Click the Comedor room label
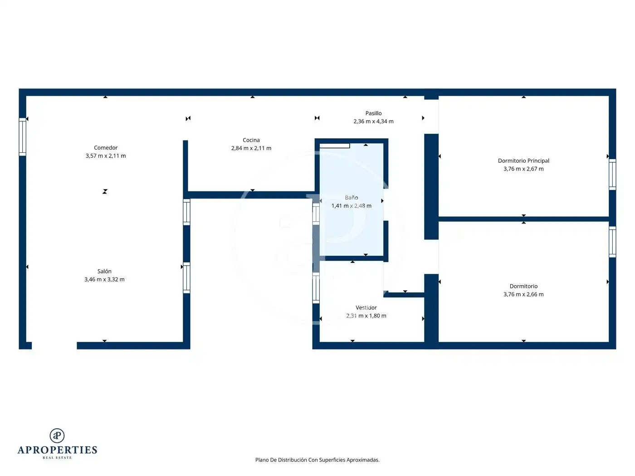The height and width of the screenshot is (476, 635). [x=106, y=148]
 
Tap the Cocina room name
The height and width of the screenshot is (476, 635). [x=251, y=140]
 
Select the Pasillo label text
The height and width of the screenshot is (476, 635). [x=373, y=113]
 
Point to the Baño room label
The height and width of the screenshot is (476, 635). [x=351, y=198]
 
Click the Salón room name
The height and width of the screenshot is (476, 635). [x=104, y=272]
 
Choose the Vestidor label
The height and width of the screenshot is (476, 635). [x=366, y=308]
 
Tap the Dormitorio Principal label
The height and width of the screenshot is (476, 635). [x=523, y=161]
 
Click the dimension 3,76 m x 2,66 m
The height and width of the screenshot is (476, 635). [x=523, y=295]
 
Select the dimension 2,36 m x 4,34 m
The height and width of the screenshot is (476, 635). [x=373, y=121]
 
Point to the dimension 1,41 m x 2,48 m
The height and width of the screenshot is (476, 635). [x=351, y=206]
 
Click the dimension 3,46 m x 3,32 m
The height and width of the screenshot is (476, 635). [x=104, y=279]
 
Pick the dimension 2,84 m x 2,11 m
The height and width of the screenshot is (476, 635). [x=251, y=148]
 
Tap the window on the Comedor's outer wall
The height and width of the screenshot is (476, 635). [x=23, y=137]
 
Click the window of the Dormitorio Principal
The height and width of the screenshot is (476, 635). [x=612, y=174]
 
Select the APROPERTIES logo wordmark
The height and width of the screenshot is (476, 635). [x=57, y=450]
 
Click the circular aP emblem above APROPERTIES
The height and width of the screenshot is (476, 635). [x=57, y=436]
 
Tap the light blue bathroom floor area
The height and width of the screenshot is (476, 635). [x=351, y=225]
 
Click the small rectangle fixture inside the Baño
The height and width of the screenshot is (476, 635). [x=335, y=146]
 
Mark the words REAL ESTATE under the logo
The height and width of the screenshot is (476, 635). [x=57, y=457]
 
